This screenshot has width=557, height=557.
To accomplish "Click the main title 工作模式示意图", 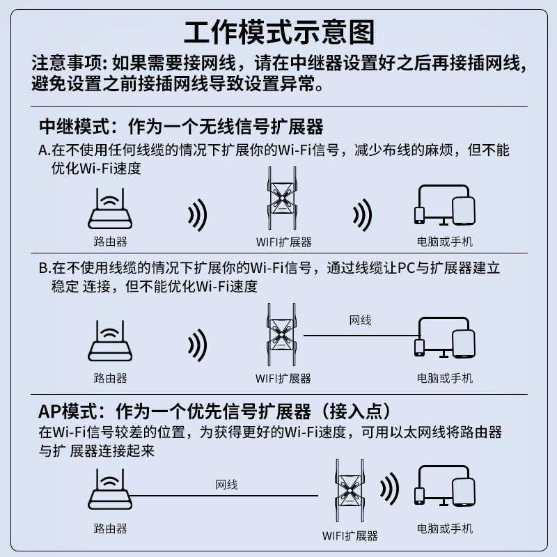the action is click(x=278, y=33).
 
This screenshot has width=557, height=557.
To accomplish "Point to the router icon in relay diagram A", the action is click(x=110, y=211).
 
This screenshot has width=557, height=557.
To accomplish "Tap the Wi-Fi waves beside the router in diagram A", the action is click(x=198, y=216).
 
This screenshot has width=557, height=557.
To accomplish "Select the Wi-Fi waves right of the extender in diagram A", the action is click(x=361, y=216).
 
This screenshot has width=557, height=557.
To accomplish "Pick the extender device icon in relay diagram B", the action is click(x=283, y=336).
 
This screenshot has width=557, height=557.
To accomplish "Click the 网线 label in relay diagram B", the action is click(x=360, y=320).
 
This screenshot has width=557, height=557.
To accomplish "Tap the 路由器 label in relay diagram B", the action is click(x=110, y=378).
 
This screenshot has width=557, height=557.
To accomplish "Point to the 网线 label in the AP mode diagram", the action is click(x=226, y=484).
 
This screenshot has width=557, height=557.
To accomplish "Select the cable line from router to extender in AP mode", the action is click(x=223, y=496).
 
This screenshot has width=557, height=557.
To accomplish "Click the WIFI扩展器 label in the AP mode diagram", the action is click(x=350, y=535).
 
